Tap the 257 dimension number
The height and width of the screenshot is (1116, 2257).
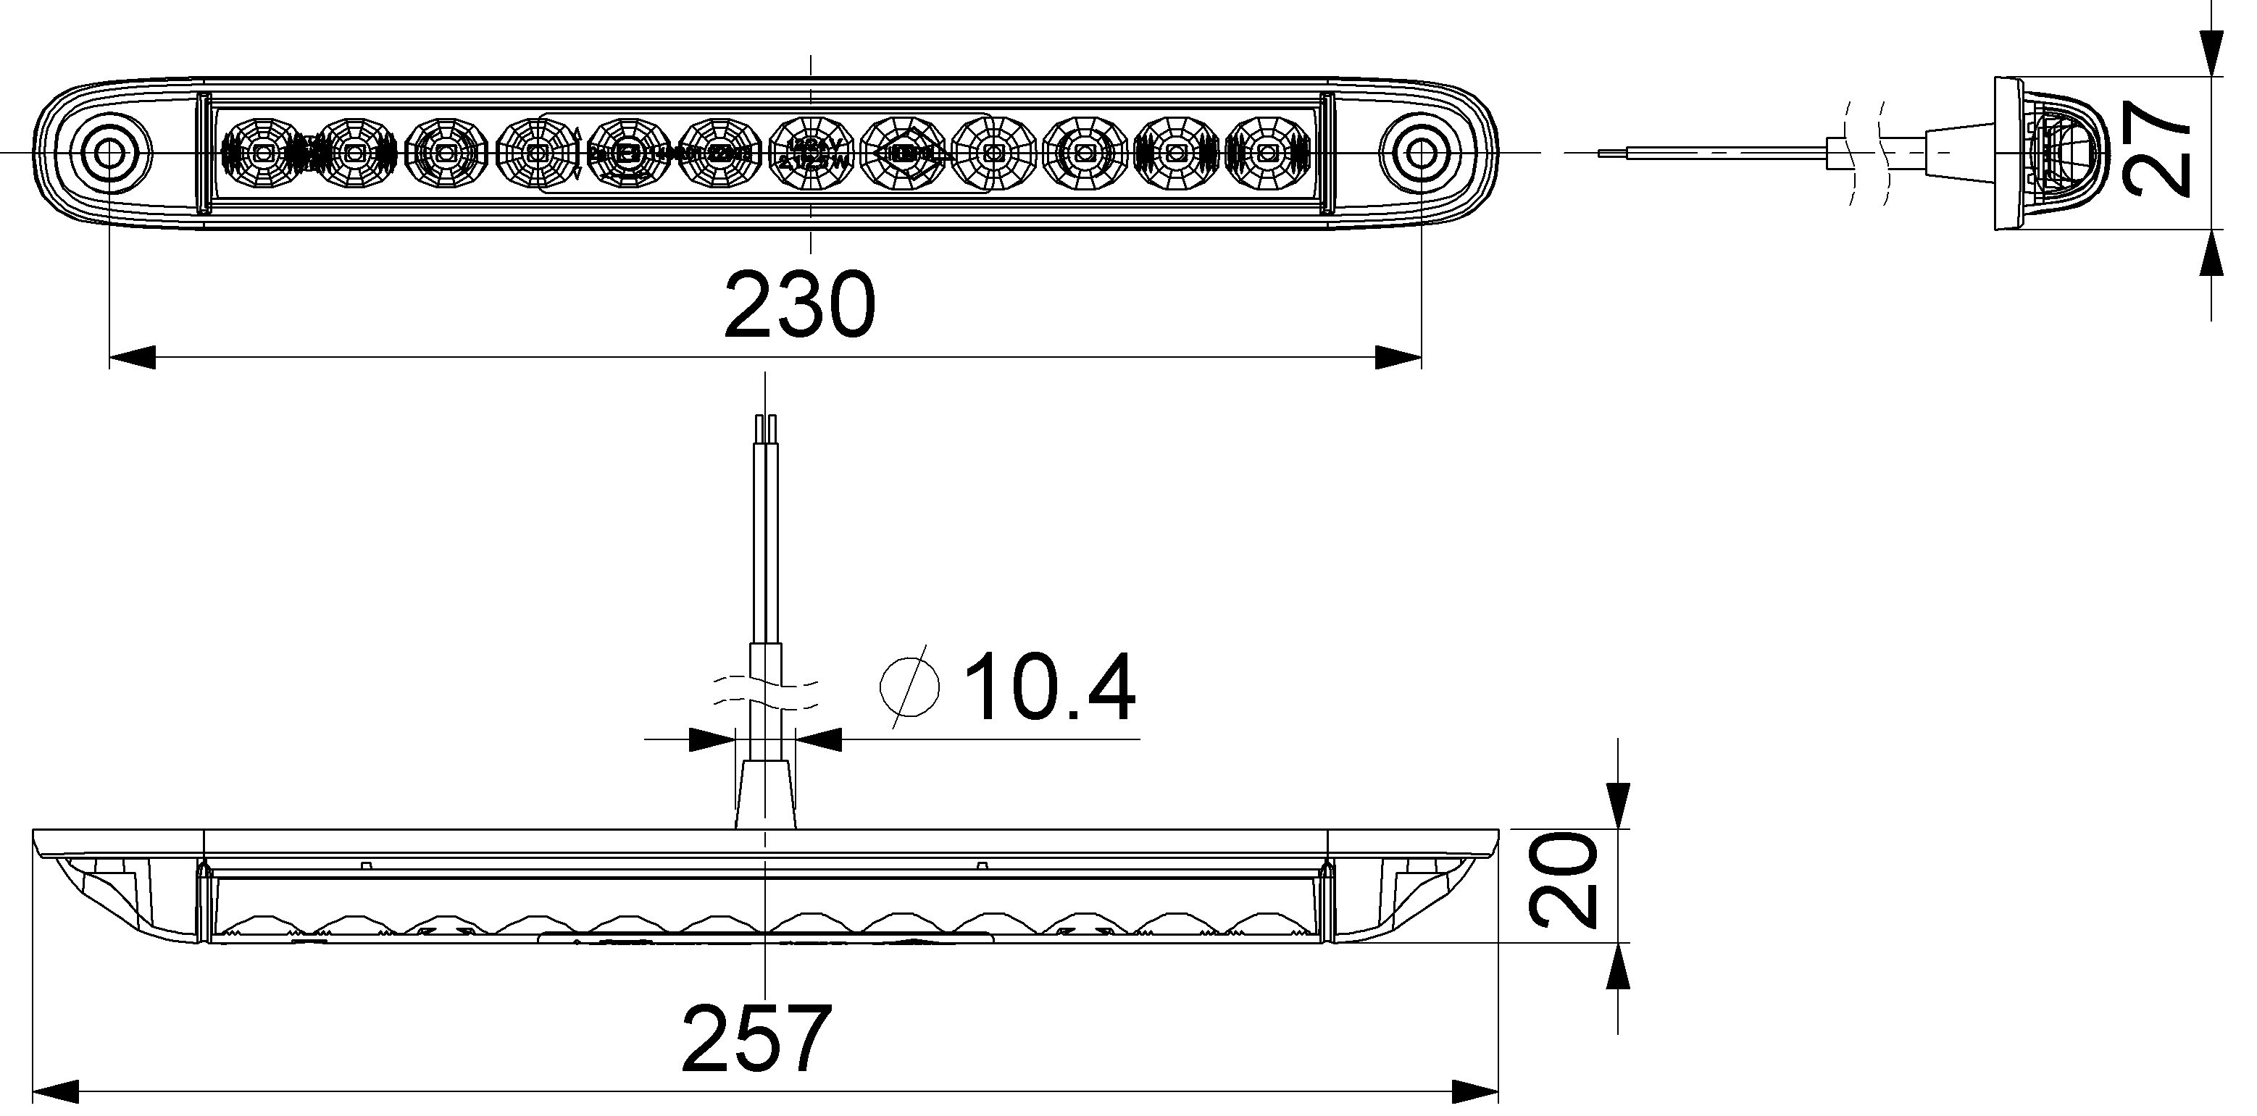click(756, 1039)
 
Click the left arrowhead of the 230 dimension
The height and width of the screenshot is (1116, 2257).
click(131, 358)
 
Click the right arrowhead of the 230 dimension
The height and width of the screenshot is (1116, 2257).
click(1398, 358)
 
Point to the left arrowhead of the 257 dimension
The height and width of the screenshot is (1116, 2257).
click(56, 1091)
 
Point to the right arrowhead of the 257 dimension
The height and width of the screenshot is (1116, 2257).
click(1475, 1091)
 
